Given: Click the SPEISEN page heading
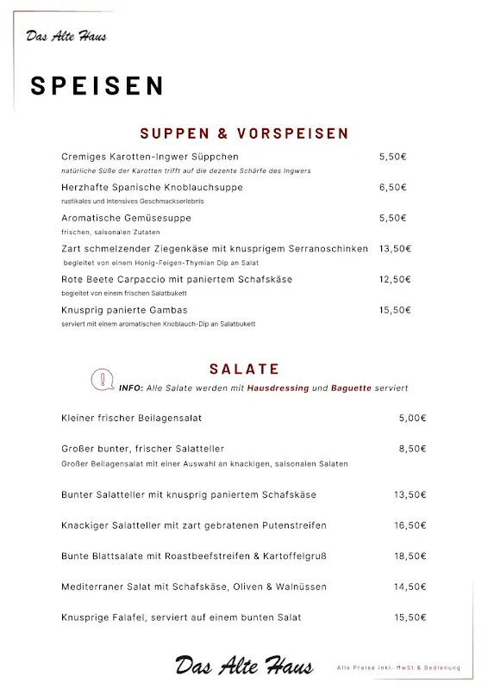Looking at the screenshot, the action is coord(97,85).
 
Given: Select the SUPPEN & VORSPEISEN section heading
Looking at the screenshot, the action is coord(244,133).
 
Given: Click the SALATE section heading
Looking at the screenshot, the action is coord(244,369).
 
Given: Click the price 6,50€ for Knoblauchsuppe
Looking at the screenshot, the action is coord(392,187).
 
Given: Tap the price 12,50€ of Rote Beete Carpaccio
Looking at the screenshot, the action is coord(395,279).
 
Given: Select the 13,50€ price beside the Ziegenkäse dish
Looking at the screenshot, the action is coord(395,248).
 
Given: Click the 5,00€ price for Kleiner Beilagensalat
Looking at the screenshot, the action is coord(412,418).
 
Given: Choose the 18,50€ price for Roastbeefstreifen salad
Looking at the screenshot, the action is coord(410,556).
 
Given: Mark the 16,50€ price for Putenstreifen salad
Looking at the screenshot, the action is coord(410,525).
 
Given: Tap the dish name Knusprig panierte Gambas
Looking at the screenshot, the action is coord(124,309).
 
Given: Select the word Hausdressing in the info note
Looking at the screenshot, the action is coord(278,388).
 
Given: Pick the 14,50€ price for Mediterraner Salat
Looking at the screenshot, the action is coord(410,587).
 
